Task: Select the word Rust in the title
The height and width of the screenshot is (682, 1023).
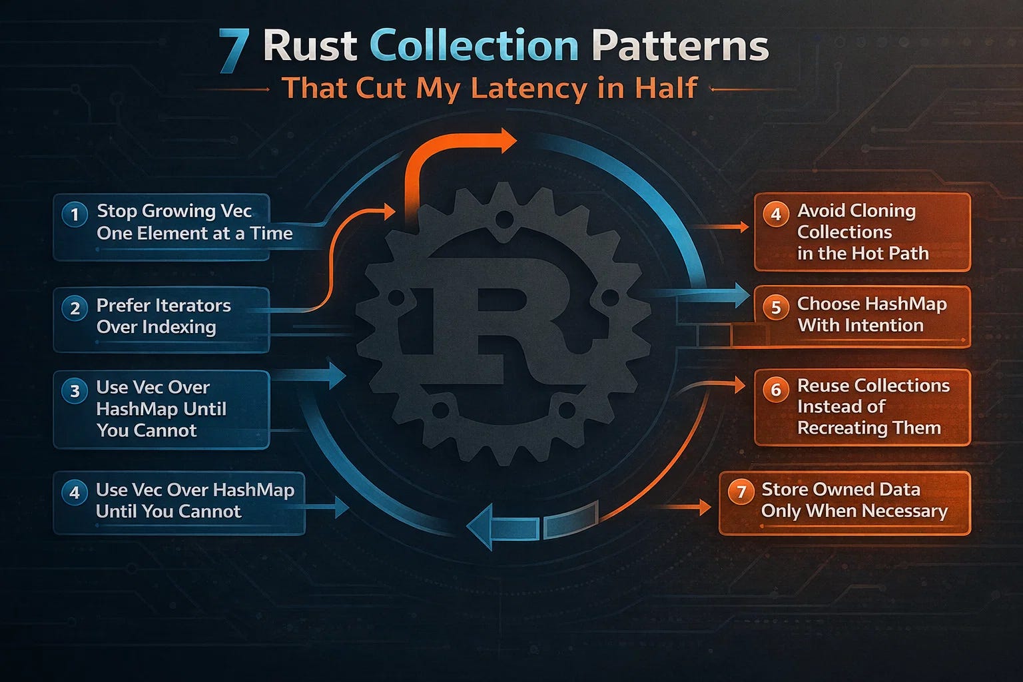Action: pos(310,47)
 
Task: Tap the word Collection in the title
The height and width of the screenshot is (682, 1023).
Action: pos(474,47)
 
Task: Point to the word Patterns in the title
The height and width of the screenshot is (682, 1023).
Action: pos(680,47)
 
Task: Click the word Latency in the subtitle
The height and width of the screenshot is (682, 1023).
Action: pos(529,89)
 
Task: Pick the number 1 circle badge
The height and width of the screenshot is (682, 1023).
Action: pos(75,214)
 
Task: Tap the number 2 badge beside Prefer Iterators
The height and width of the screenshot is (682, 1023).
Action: pos(75,308)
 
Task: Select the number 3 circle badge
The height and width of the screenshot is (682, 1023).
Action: pos(75,390)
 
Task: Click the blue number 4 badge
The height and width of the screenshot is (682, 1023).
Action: pos(75,493)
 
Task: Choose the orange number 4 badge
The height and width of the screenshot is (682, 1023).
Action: pos(776,214)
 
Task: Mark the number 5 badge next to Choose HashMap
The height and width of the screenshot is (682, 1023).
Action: pos(776,308)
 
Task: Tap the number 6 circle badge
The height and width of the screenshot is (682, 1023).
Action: pos(776,390)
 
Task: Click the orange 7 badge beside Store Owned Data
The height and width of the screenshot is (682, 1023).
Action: pos(741,493)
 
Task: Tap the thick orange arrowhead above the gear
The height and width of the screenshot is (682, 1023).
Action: pos(506,141)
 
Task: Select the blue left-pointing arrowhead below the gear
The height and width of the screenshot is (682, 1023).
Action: pos(481,526)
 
